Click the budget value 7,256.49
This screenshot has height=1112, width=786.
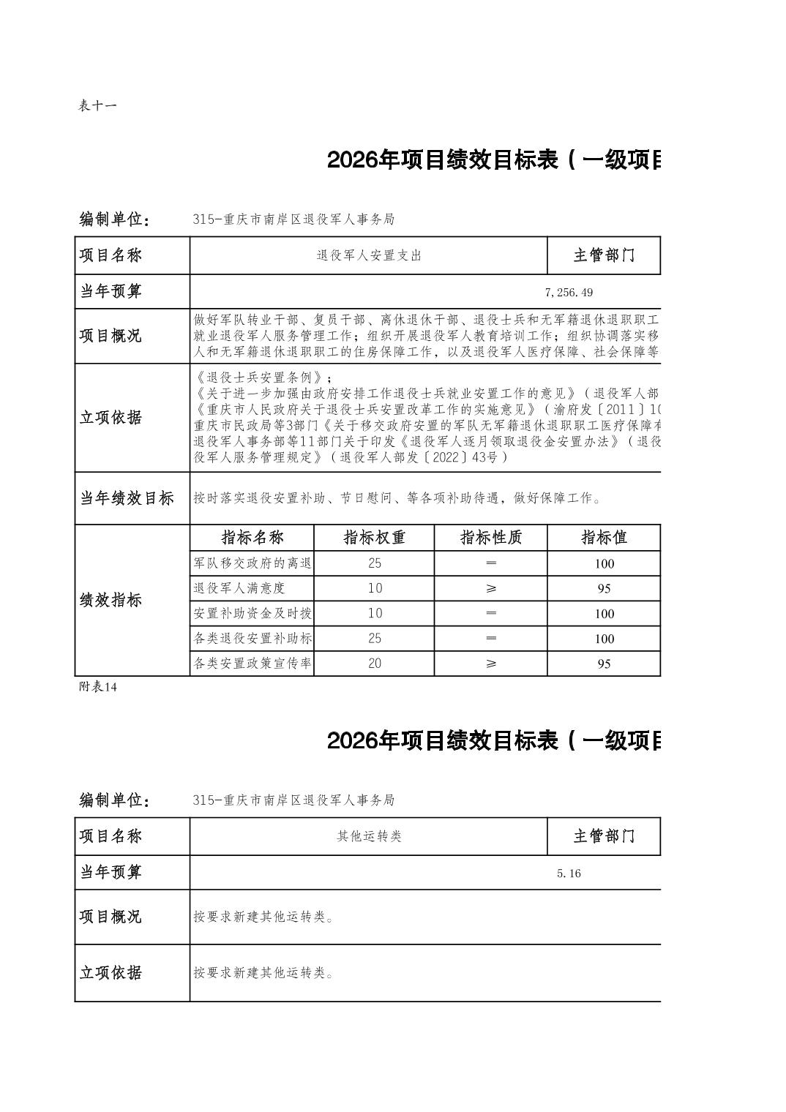pyautogui.click(x=569, y=293)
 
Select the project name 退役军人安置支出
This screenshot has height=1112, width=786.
pyautogui.click(x=369, y=255)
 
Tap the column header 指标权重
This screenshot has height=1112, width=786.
pyautogui.click(x=374, y=538)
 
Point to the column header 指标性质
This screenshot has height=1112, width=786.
pyautogui.click(x=490, y=538)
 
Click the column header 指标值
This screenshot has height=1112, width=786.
pyautogui.click(x=604, y=538)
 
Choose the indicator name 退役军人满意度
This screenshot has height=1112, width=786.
pyautogui.click(x=239, y=588)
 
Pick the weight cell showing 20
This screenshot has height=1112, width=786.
pyautogui.click(x=374, y=664)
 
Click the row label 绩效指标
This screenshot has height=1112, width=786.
pyautogui.click(x=111, y=600)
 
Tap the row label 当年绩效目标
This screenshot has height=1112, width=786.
pyautogui.click(x=127, y=498)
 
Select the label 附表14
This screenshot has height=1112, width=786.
pyautogui.click(x=97, y=687)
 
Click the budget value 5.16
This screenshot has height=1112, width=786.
pyautogui.click(x=569, y=874)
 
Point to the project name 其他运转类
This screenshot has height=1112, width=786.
pyautogui.click(x=369, y=836)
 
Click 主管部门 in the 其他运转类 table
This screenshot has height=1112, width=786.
pyautogui.click(x=604, y=836)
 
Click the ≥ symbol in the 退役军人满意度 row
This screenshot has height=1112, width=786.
pyautogui.click(x=490, y=588)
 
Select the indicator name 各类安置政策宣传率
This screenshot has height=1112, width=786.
pyautogui.click(x=252, y=664)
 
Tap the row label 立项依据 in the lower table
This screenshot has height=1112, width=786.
pyautogui.click(x=111, y=972)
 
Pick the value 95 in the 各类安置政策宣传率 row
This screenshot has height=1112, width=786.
pyautogui.click(x=604, y=664)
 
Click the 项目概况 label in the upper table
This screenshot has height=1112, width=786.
pyautogui.click(x=111, y=336)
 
